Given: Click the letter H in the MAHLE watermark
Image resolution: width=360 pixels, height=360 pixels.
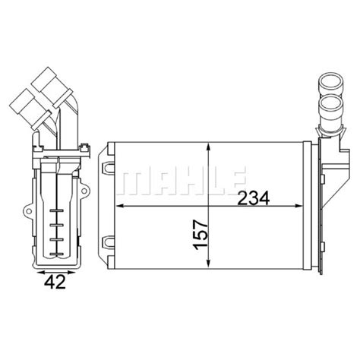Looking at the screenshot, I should click(185, 179).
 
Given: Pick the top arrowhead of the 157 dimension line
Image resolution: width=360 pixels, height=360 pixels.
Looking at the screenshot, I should click(208, 146).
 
